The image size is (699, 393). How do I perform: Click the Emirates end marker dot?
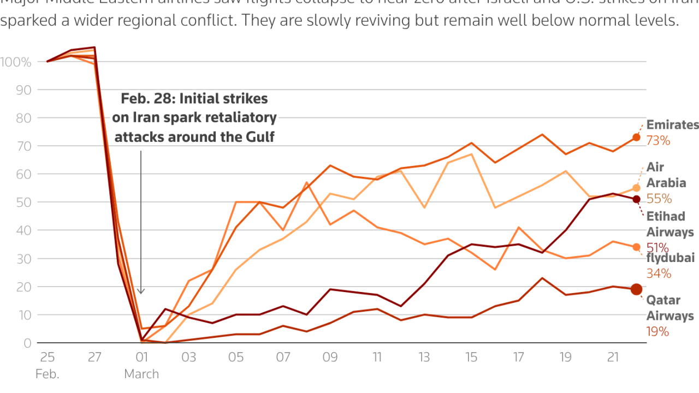coord(636,138)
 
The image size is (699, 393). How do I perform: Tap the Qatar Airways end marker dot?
coord(636,289)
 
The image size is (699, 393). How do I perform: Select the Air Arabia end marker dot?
coord(636,188)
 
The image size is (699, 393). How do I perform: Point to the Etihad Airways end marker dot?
coord(636,199)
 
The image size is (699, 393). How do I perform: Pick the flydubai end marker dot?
coord(636,247)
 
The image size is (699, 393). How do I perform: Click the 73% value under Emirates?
coord(658,141)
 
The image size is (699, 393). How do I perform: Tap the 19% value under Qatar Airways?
coord(658,331)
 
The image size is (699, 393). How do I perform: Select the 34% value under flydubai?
coord(659,273)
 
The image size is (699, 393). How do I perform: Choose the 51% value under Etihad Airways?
coord(659,247)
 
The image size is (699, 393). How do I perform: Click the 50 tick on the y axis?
coord(25,203)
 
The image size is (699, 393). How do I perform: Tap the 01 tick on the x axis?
coord(141,358)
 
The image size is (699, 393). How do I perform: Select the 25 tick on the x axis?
coord(47,358)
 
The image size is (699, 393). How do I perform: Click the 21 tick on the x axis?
coord(613,358)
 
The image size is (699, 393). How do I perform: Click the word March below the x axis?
coord(141,374)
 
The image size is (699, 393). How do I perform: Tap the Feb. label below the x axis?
coord(47,374)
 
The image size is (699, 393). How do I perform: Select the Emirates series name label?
coord(672,125)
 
